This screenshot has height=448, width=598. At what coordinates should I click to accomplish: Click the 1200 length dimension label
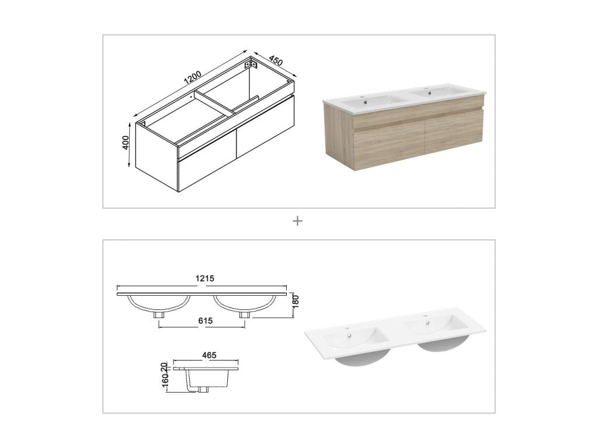(x=193, y=77)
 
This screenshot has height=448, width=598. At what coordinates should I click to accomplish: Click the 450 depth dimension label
(x=276, y=61)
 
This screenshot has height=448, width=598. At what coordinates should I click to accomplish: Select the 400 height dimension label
(x=126, y=143)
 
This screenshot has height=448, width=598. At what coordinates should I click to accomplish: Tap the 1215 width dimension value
(x=204, y=279)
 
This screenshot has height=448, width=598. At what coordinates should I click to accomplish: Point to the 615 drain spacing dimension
(x=205, y=321)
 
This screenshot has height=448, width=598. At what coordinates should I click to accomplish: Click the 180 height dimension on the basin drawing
(x=295, y=302)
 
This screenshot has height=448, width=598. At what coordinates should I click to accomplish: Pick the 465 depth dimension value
(x=209, y=355)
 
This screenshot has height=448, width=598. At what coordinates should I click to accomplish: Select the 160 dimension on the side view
(x=165, y=381)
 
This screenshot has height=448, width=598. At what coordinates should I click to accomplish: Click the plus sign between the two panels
(x=298, y=221)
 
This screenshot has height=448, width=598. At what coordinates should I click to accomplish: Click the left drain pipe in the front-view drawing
(x=158, y=314)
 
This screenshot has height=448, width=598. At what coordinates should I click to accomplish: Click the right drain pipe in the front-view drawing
(x=244, y=314)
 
